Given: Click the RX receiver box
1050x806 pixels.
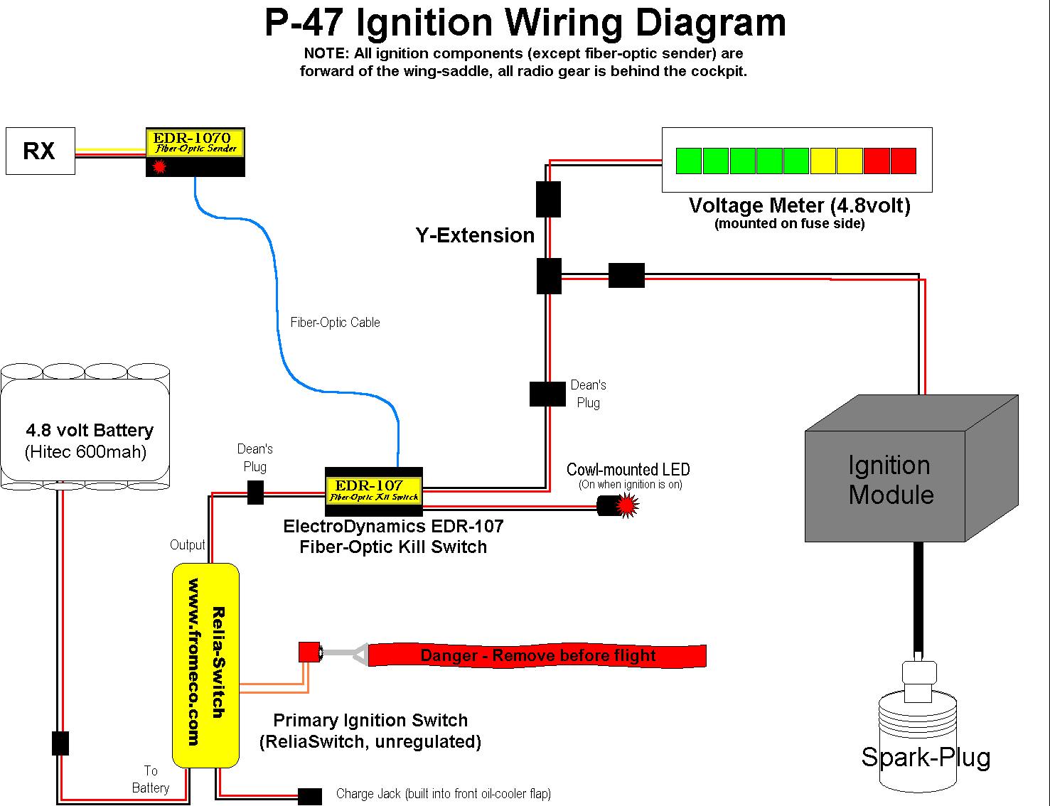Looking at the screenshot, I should pos(40,151).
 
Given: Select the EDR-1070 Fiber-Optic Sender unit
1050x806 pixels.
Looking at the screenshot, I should pos(195,151).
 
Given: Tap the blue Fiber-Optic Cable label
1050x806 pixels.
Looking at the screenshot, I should pos(335,323).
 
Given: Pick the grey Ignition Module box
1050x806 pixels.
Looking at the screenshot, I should pos(890,480).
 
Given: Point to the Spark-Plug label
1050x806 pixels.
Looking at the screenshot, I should pos(926,757).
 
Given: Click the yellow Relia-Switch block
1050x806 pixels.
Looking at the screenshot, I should pos(206,665).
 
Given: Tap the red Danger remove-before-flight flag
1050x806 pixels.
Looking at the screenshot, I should pos(537,655).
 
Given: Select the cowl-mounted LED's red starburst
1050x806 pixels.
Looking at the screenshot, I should pos(626,505).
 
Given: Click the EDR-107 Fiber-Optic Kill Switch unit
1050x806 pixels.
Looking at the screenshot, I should pos(374,491).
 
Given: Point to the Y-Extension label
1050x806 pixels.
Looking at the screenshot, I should pos(475,235).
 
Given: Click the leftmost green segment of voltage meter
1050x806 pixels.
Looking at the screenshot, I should pos(689,161).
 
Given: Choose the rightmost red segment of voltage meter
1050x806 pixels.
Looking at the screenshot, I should pos(904,161).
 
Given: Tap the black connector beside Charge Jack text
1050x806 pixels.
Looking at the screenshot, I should pos(309,796).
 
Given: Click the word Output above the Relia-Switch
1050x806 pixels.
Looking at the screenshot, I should pos(187,545).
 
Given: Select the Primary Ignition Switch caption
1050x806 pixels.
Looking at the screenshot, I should pos(370,721).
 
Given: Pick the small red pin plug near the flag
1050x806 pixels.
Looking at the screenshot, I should pos(309,652).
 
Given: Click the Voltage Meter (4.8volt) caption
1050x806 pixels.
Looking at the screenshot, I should pos(799,206).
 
